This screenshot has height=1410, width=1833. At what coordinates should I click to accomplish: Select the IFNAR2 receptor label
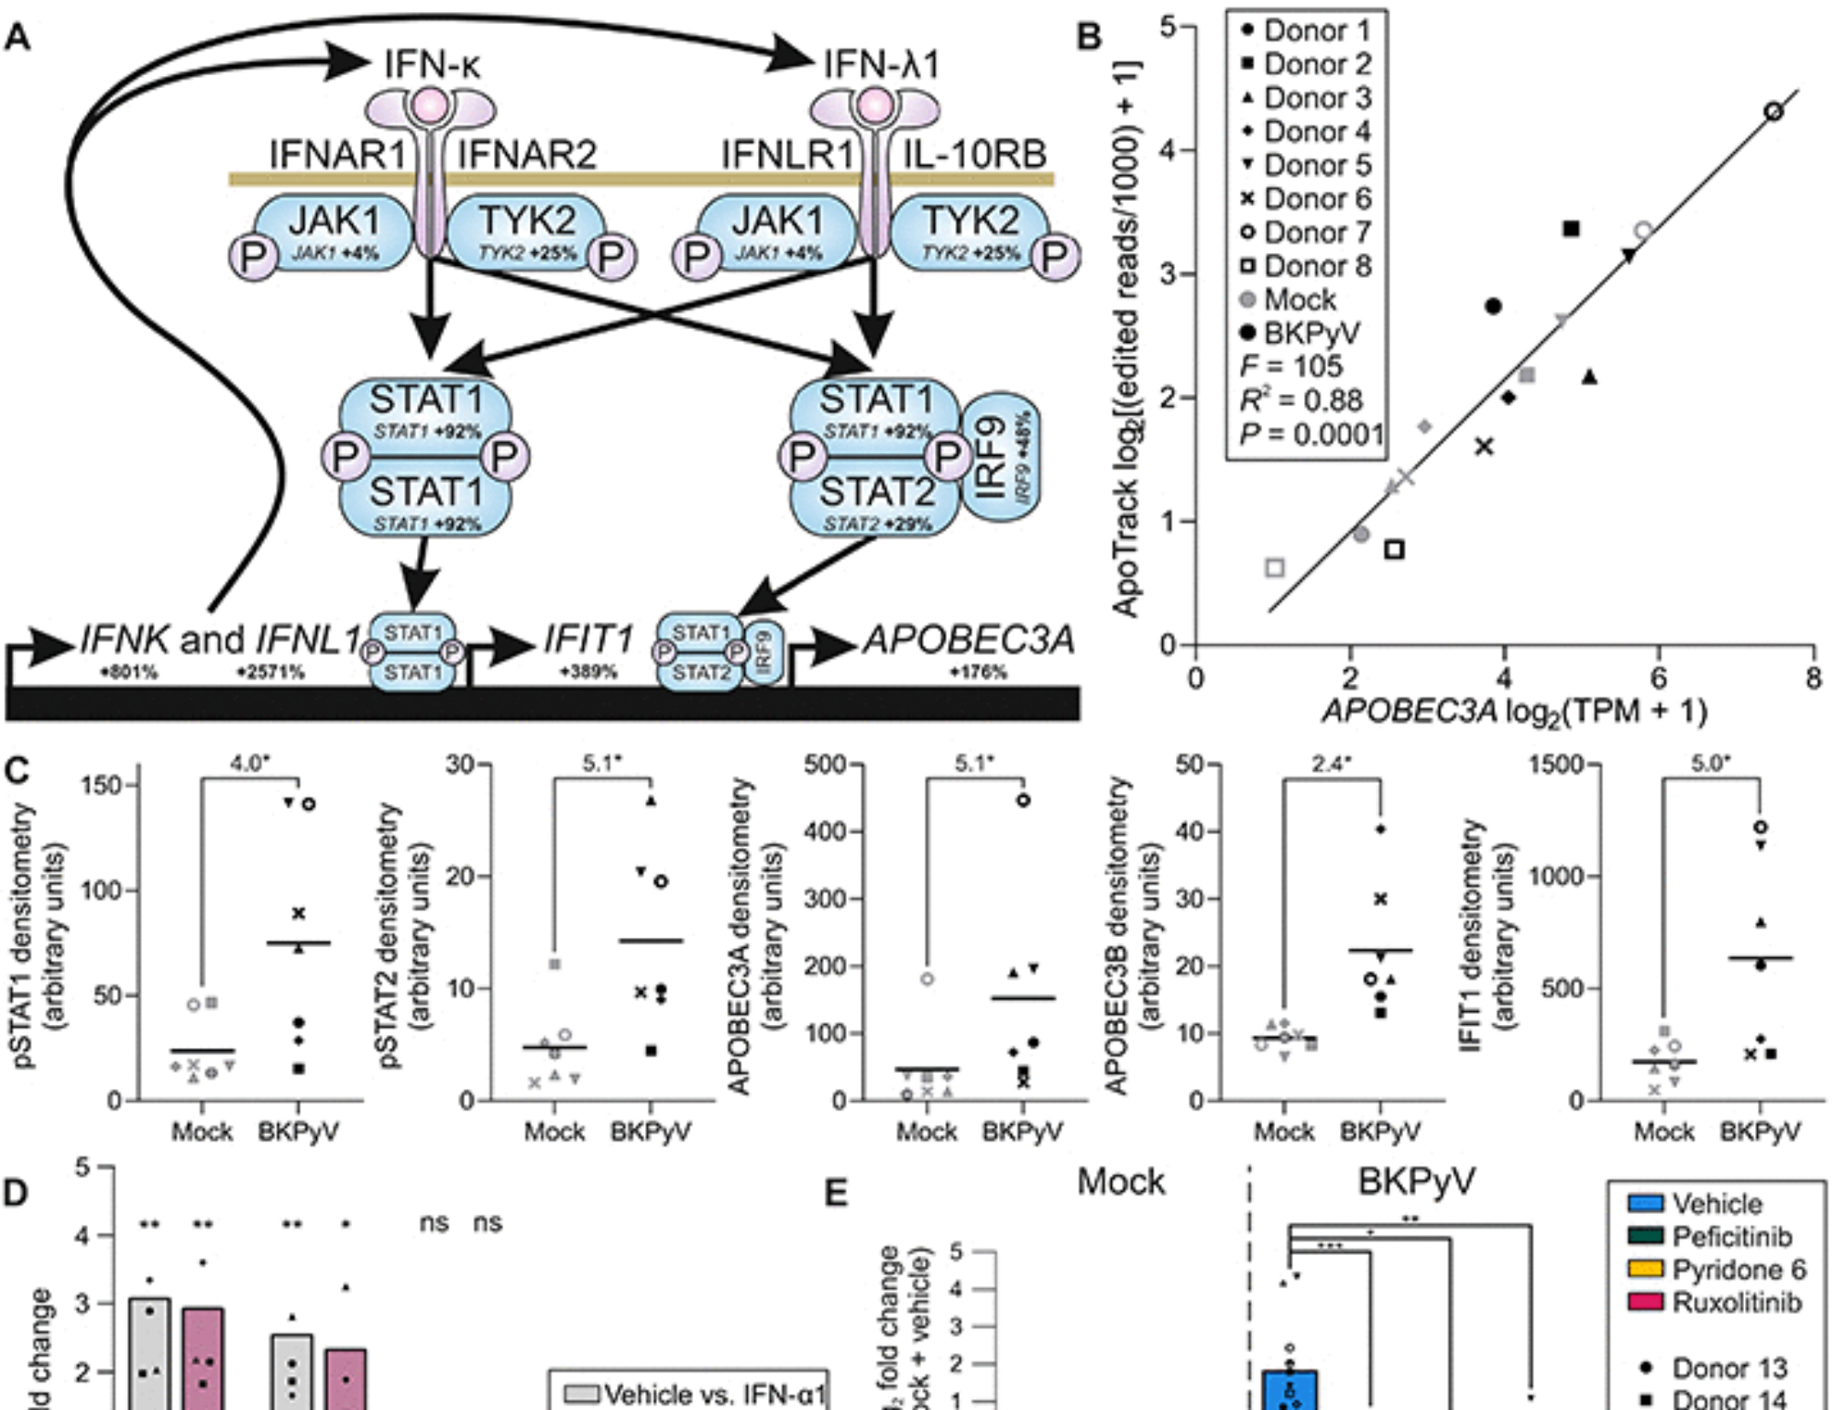527,154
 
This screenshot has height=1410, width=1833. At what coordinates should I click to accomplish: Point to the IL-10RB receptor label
974,154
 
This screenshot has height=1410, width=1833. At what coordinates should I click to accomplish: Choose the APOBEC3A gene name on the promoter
968,639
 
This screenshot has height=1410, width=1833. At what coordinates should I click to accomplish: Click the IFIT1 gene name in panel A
588,639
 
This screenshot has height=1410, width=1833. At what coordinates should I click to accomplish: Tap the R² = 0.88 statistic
1301,401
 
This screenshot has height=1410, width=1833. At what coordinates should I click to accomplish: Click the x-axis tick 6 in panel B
1658,678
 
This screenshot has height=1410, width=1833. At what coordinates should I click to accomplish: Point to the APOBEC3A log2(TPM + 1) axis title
1513,711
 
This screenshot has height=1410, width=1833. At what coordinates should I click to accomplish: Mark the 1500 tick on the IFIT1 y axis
1558,765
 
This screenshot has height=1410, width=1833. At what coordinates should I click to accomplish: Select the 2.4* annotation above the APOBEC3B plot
1331,764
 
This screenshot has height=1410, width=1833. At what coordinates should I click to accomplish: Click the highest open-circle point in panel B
1773,112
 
